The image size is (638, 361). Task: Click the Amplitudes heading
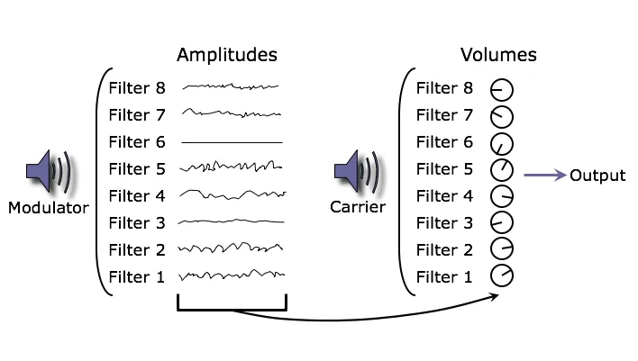point(226,55)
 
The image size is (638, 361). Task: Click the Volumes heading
point(498,55)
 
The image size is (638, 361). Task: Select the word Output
point(597,176)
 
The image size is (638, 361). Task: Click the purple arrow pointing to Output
point(543,176)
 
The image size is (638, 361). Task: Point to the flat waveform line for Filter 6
point(232,142)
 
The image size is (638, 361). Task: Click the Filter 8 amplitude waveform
point(232,87)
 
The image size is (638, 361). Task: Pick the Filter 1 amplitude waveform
point(232,276)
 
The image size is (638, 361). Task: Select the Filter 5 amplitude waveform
point(232,167)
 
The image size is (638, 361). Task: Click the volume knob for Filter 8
point(501,89)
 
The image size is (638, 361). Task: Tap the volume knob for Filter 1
point(501,276)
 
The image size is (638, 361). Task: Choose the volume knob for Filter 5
point(501,169)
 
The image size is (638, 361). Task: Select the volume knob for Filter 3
point(501,222)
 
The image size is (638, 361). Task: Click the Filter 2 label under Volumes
point(443,250)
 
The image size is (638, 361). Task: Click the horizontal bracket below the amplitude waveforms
point(232,311)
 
